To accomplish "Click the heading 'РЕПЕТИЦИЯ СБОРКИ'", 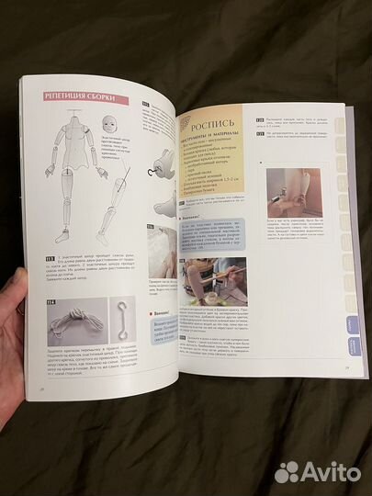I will [x=81, y=97].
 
